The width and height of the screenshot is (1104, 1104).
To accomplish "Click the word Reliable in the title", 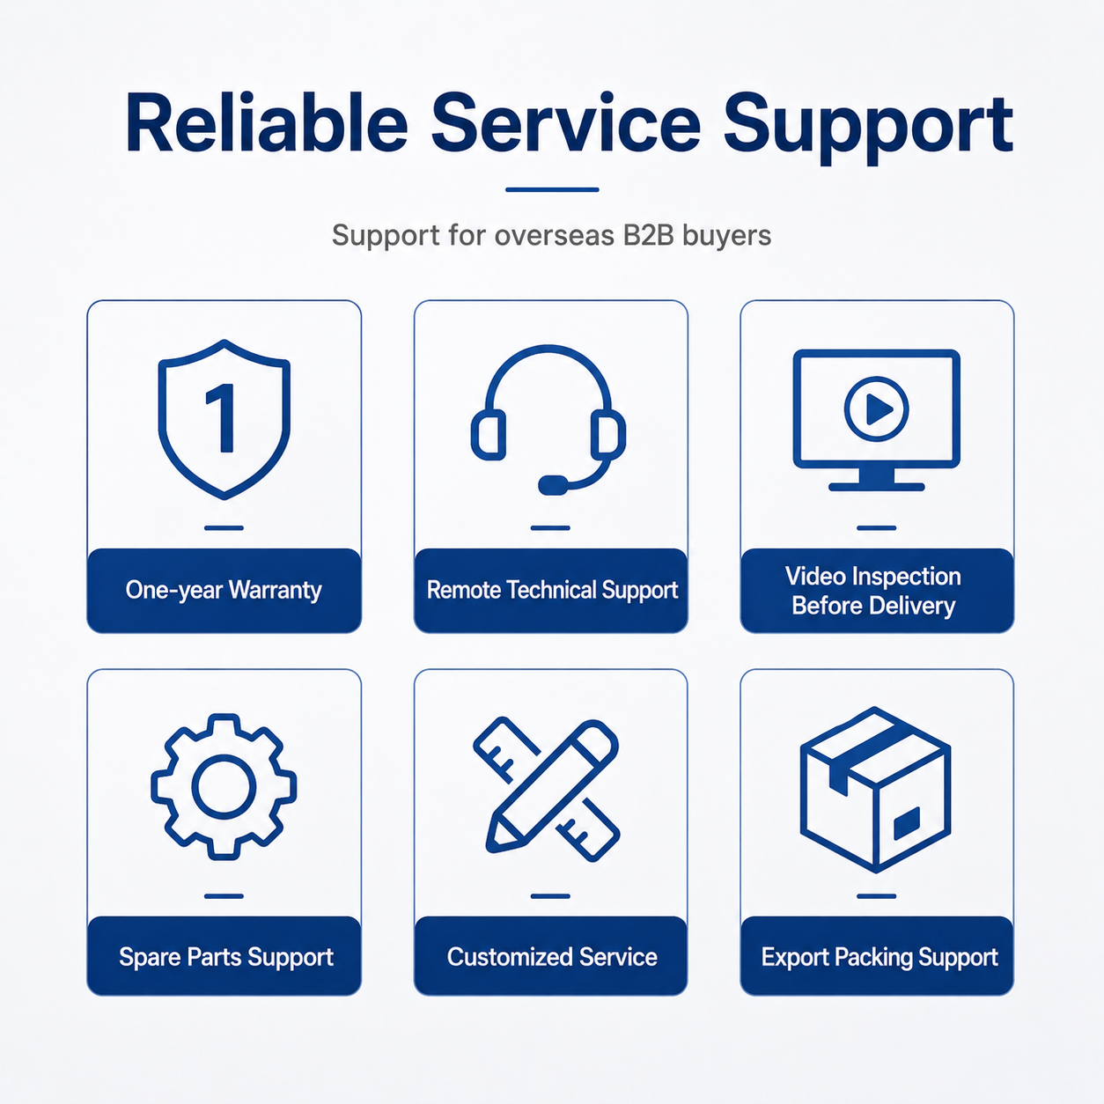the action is [267, 122].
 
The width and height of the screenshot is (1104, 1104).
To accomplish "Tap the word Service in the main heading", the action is [566, 122].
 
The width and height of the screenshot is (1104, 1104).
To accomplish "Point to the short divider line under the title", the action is [552, 189].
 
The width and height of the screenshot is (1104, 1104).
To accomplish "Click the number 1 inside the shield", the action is [222, 418].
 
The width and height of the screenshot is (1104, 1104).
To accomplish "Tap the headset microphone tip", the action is [552, 485].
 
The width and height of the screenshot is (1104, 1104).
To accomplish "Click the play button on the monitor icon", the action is [877, 409].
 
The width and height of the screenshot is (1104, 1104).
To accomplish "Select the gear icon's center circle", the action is [224, 786].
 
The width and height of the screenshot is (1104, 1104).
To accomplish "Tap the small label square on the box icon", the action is [907, 823].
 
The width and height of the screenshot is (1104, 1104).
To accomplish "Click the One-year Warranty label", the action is [224, 590].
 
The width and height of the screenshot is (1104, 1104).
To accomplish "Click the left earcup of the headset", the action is [489, 435].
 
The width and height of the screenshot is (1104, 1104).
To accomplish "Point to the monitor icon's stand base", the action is [877, 487].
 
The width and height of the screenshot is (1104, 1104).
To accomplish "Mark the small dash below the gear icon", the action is [224, 896].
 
